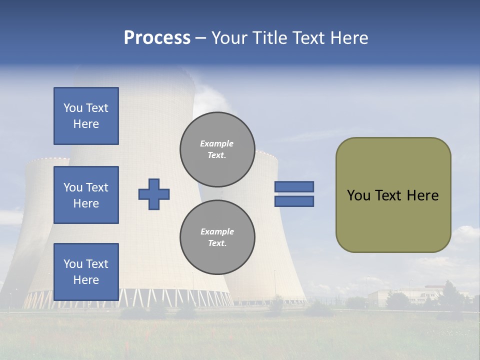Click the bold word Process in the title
click(x=157, y=38)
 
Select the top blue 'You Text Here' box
click(x=86, y=116)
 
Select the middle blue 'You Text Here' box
click(x=86, y=195)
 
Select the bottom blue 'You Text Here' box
click(x=86, y=271)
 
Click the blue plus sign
click(x=154, y=194)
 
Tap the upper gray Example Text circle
click(x=217, y=149)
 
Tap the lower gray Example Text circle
click(x=217, y=237)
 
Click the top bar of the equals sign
click(x=294, y=186)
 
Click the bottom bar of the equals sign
click(x=294, y=201)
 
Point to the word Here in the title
click(x=348, y=38)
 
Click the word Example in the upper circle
click(x=217, y=143)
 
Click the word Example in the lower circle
click(x=217, y=231)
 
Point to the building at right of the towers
click(x=400, y=296)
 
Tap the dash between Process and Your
click(x=200, y=38)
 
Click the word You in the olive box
click(x=358, y=195)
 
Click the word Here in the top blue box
click(x=86, y=124)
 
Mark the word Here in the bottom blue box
click(x=86, y=280)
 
